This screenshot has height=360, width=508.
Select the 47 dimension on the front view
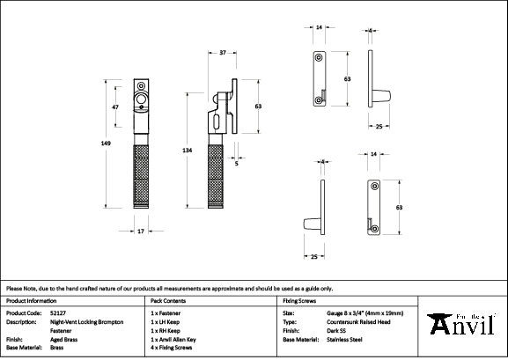115,107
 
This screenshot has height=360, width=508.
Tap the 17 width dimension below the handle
141,231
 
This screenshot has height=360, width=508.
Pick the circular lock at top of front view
141,103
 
